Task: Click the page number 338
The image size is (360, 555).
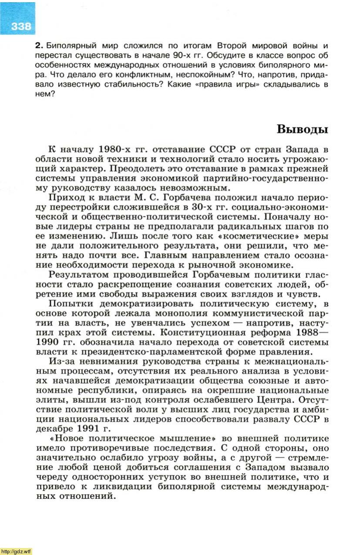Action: (20, 27)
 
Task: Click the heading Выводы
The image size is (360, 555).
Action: (302, 129)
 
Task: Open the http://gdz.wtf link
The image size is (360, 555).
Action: (16, 551)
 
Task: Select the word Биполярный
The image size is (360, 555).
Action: (66, 46)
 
